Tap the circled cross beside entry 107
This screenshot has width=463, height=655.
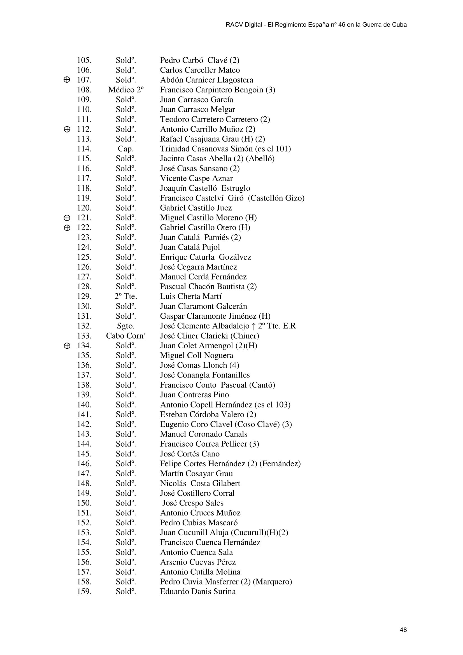coord(67,80)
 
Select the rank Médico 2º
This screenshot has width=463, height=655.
coord(125,90)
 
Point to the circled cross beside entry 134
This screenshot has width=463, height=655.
coord(67,346)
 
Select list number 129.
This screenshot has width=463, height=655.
coord(84,296)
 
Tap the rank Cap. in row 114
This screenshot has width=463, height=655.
coord(125,149)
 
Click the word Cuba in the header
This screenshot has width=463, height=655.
coord(399,25)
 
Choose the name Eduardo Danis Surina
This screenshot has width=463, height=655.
coord(198,591)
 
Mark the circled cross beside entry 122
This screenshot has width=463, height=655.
coord(67,228)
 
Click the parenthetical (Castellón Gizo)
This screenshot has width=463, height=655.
coord(276,198)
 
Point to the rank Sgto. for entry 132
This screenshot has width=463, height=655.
coord(125,326)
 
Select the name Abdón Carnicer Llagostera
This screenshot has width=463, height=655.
coord(206,80)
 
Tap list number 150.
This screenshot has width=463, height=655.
coord(84,503)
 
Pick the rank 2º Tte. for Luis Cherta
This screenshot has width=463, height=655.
coord(125,296)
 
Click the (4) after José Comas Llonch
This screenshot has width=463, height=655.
coord(234,365)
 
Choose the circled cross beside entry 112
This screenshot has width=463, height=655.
coord(67,129)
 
